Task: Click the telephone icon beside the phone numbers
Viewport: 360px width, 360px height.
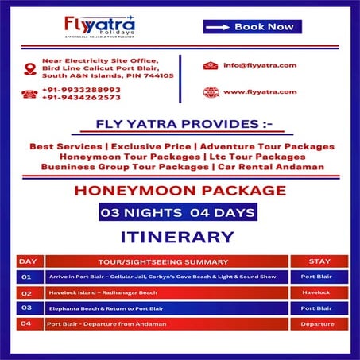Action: pyautogui.click(x=30, y=94)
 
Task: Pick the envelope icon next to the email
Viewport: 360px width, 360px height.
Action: pyautogui.click(x=210, y=65)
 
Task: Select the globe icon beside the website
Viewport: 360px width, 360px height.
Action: pyautogui.click(x=210, y=91)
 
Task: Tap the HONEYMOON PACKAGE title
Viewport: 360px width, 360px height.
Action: pyautogui.click(x=179, y=191)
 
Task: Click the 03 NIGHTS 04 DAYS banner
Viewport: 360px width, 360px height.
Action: pyautogui.click(x=178, y=212)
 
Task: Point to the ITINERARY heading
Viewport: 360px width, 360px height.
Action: pyautogui.click(x=177, y=237)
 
